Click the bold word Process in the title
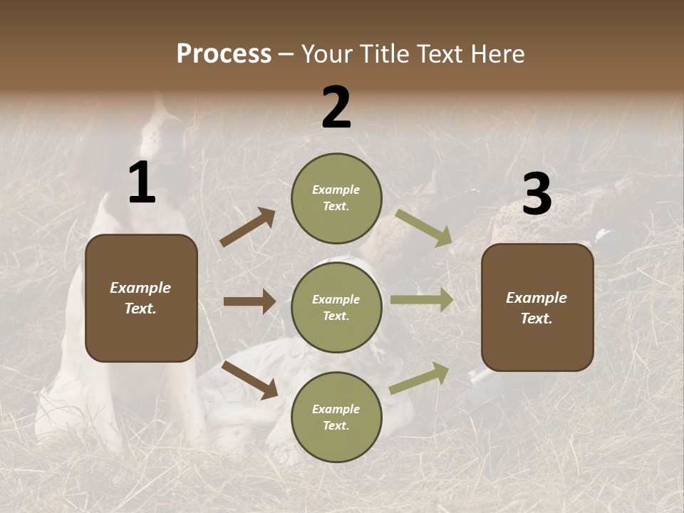tap(224, 53)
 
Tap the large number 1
tap(142, 183)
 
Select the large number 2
tap(336, 108)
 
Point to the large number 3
tap(537, 195)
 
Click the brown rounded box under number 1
tap(141, 298)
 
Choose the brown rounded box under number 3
tap(537, 308)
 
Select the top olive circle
tap(336, 198)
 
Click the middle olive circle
tap(336, 307)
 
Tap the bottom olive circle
tap(336, 417)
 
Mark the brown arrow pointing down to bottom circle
tap(249, 380)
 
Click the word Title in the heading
tap(385, 53)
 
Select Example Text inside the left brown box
tap(140, 298)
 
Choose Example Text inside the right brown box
tap(537, 308)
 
